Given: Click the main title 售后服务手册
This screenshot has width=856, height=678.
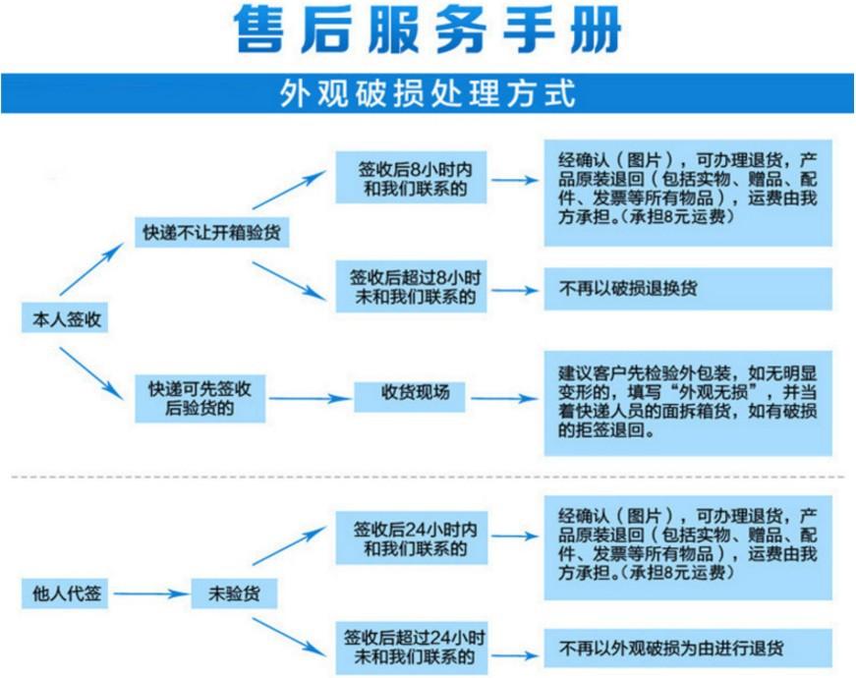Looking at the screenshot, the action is click(x=428, y=29).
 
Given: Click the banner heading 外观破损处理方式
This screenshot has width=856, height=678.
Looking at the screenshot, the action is click(x=428, y=93).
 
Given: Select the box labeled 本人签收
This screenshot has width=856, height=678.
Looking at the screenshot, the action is click(x=65, y=318).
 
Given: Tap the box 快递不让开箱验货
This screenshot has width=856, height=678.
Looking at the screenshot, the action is click(x=212, y=233).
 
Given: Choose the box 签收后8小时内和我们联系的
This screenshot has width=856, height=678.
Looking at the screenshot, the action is click(x=411, y=178).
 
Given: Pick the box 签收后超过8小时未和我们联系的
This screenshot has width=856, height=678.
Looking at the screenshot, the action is click(x=411, y=287).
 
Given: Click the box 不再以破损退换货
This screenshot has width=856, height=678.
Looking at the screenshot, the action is click(x=688, y=289).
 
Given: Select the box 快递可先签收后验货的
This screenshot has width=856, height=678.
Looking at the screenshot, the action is click(x=200, y=399).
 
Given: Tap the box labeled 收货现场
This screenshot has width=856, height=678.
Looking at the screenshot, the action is click(x=410, y=397).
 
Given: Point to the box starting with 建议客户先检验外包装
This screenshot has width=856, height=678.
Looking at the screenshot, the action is click(x=688, y=404).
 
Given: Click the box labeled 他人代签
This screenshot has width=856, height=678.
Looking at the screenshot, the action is click(x=65, y=593).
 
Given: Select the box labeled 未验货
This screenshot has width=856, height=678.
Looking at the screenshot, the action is click(x=234, y=593).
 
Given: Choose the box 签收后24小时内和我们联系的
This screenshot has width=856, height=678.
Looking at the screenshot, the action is click(x=411, y=538).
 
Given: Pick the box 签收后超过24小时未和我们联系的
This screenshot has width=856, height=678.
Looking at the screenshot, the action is click(x=411, y=648).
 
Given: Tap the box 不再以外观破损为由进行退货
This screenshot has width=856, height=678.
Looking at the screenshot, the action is click(x=688, y=648).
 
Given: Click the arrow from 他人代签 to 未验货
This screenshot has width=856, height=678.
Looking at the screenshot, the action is click(x=151, y=593).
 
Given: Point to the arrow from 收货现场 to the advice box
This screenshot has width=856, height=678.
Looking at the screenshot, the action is click(x=504, y=399).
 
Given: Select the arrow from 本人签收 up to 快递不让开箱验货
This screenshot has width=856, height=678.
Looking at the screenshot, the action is click(x=91, y=269).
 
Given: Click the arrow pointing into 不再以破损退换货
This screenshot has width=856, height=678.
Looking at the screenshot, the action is click(x=515, y=291).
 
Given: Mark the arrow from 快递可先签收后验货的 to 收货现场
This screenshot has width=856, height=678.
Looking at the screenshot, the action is click(x=311, y=399).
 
